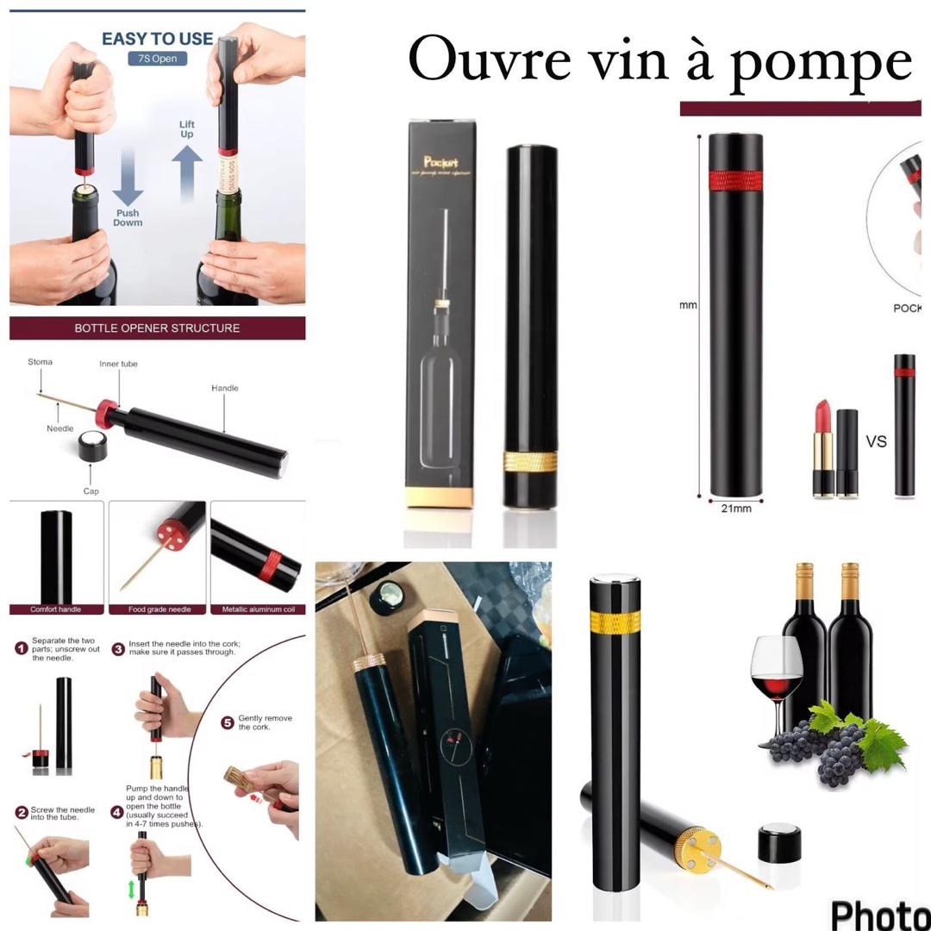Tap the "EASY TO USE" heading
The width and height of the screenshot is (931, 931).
click(x=157, y=39)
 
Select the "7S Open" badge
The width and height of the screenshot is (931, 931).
click(x=157, y=59)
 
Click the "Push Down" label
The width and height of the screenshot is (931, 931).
click(x=128, y=217)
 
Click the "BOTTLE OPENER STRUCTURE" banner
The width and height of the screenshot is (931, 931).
click(x=157, y=328)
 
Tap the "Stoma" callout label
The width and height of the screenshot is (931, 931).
click(x=40, y=362)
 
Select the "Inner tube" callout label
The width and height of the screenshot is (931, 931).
click(x=118, y=364)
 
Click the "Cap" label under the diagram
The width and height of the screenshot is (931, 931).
click(x=91, y=491)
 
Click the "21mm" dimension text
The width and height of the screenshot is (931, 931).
click(x=735, y=509)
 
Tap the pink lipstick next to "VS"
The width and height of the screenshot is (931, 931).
click(x=821, y=448)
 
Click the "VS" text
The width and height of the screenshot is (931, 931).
click(x=876, y=441)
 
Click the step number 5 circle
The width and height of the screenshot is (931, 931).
click(x=228, y=722)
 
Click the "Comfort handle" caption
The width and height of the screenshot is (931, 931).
click(x=56, y=609)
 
